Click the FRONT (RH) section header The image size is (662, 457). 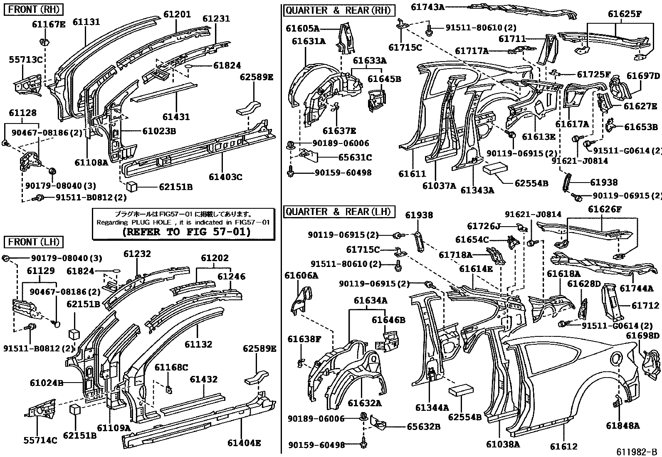[x=34, y=9]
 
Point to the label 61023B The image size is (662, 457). [x=159, y=131]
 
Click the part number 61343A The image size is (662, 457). [x=477, y=190]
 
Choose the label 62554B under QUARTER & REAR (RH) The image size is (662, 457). [x=531, y=183]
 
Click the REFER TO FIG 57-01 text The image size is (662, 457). [x=187, y=232]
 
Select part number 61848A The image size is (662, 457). [x=622, y=425]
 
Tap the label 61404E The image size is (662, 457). [x=244, y=443]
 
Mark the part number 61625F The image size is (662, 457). [x=625, y=14]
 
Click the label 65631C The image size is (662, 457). [x=355, y=158]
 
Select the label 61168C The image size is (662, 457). [x=171, y=367]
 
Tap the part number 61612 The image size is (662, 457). [x=563, y=447]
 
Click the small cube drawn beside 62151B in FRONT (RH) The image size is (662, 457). [x=133, y=186]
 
